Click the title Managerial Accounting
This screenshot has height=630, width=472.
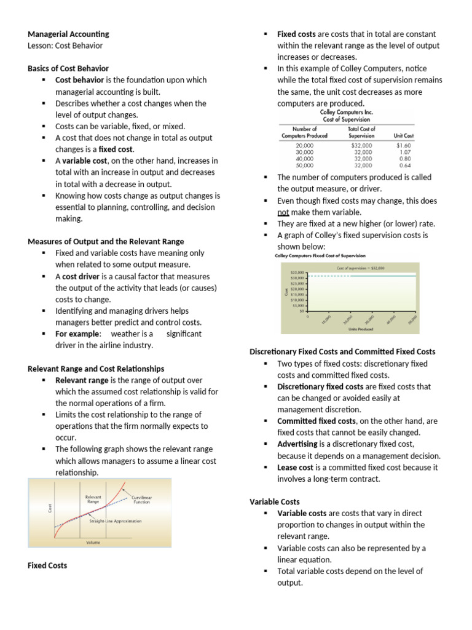click(68, 34)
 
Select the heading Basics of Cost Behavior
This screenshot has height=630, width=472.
click(68, 68)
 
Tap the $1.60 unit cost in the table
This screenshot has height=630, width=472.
click(403, 145)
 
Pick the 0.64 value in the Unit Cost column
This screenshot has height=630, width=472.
click(404, 165)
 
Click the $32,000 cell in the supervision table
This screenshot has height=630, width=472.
click(361, 145)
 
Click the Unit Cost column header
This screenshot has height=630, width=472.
click(403, 135)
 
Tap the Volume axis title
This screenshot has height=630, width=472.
click(94, 542)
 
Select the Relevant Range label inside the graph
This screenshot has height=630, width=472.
click(93, 499)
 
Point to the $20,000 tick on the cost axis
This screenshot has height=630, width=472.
click(296, 289)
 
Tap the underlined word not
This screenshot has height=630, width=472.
click(283, 212)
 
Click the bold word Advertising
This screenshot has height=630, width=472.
click(297, 444)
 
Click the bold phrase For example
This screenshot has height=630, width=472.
click(77, 333)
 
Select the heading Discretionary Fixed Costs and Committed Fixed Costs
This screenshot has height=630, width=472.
click(342, 351)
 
